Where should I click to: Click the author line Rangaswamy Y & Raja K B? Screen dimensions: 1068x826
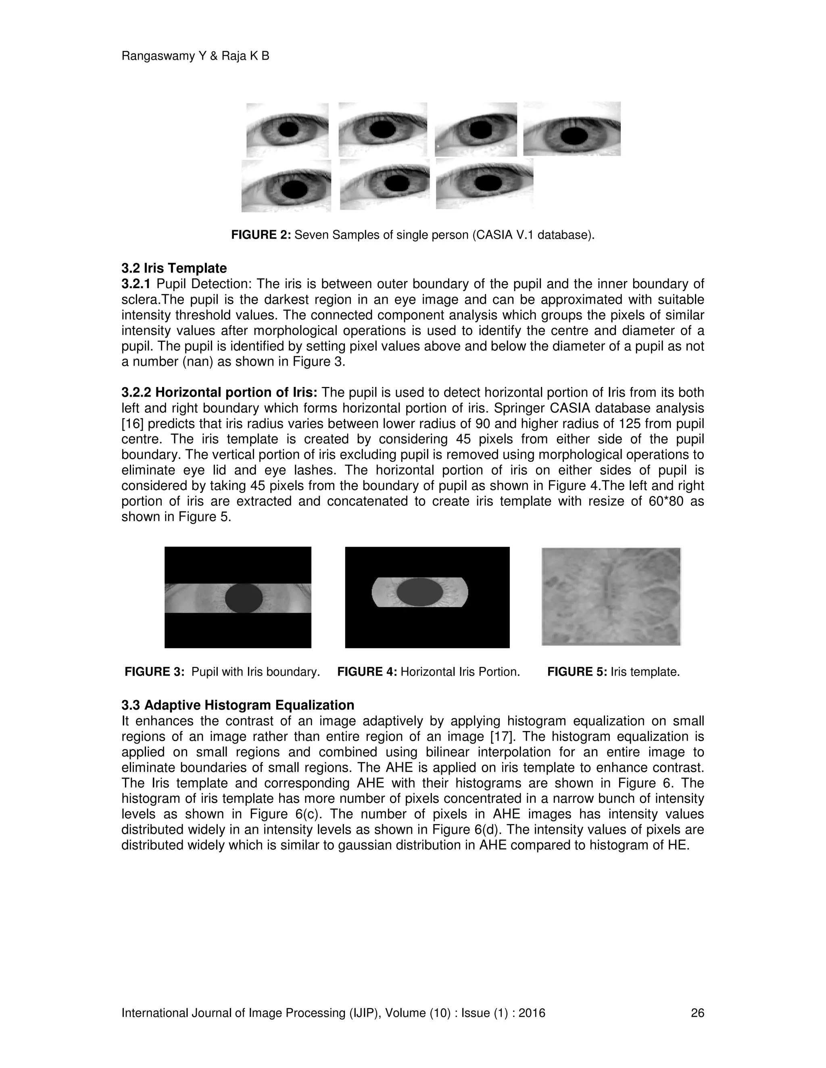tap(195, 56)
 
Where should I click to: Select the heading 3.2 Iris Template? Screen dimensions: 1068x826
tap(174, 268)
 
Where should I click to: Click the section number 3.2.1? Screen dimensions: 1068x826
tap(136, 284)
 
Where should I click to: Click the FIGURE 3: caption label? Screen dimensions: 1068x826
tap(154, 671)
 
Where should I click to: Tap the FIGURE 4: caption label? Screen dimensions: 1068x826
tap(367, 671)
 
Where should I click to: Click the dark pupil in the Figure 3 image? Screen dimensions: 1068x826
tap(244, 598)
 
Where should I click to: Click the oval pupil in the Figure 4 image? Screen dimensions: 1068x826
tap(420, 592)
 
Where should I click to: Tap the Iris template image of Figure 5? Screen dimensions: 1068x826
tap(611, 596)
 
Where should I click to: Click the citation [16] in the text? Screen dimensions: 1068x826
tap(132, 424)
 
